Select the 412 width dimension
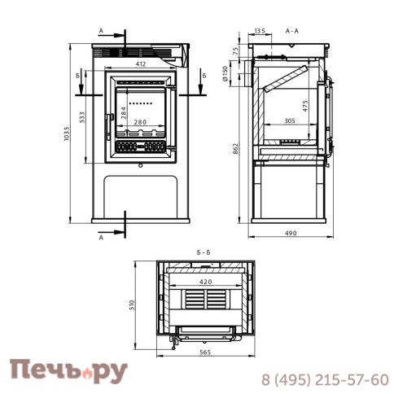(x=140, y=63)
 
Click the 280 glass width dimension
(x=140, y=123)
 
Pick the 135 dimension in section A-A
(x=260, y=31)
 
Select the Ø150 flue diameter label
(x=236, y=75)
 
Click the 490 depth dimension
(x=291, y=234)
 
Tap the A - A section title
(x=293, y=31)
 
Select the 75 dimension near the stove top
(x=236, y=50)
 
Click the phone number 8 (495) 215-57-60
(x=324, y=379)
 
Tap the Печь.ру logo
(x=69, y=371)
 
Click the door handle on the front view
(x=107, y=127)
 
